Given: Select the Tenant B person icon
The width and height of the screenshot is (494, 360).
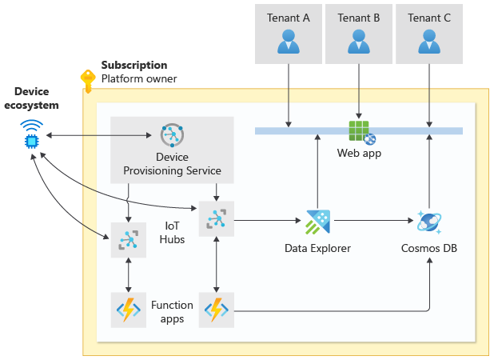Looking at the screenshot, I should click(x=359, y=41).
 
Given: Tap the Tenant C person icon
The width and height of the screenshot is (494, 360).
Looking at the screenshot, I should click(x=429, y=41).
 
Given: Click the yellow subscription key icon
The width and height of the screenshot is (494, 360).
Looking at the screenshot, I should click(x=87, y=80).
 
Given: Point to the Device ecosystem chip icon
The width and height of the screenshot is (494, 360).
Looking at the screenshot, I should click(x=32, y=137).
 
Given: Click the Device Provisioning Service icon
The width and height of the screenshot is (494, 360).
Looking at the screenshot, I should click(x=172, y=136).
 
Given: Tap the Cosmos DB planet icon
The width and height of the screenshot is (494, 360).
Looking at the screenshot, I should click(x=430, y=222).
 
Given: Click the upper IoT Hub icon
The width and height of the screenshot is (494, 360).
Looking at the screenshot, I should click(x=217, y=218).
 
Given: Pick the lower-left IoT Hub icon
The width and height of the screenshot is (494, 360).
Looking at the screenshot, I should click(x=129, y=240).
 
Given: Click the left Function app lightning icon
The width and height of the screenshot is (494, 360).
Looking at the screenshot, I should click(x=129, y=308).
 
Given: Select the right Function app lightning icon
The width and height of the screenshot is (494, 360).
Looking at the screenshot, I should click(x=217, y=308).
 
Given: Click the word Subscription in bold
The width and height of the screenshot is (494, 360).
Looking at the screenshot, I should click(x=134, y=65).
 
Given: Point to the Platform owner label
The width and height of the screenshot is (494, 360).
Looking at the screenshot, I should click(x=139, y=78).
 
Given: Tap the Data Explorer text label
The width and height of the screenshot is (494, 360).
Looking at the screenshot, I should click(x=317, y=248).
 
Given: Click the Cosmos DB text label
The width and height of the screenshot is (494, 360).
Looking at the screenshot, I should click(x=429, y=248).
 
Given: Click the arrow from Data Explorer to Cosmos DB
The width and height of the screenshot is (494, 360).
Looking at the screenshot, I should click(x=371, y=218).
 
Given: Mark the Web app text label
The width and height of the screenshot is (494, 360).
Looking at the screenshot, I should click(x=358, y=153).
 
